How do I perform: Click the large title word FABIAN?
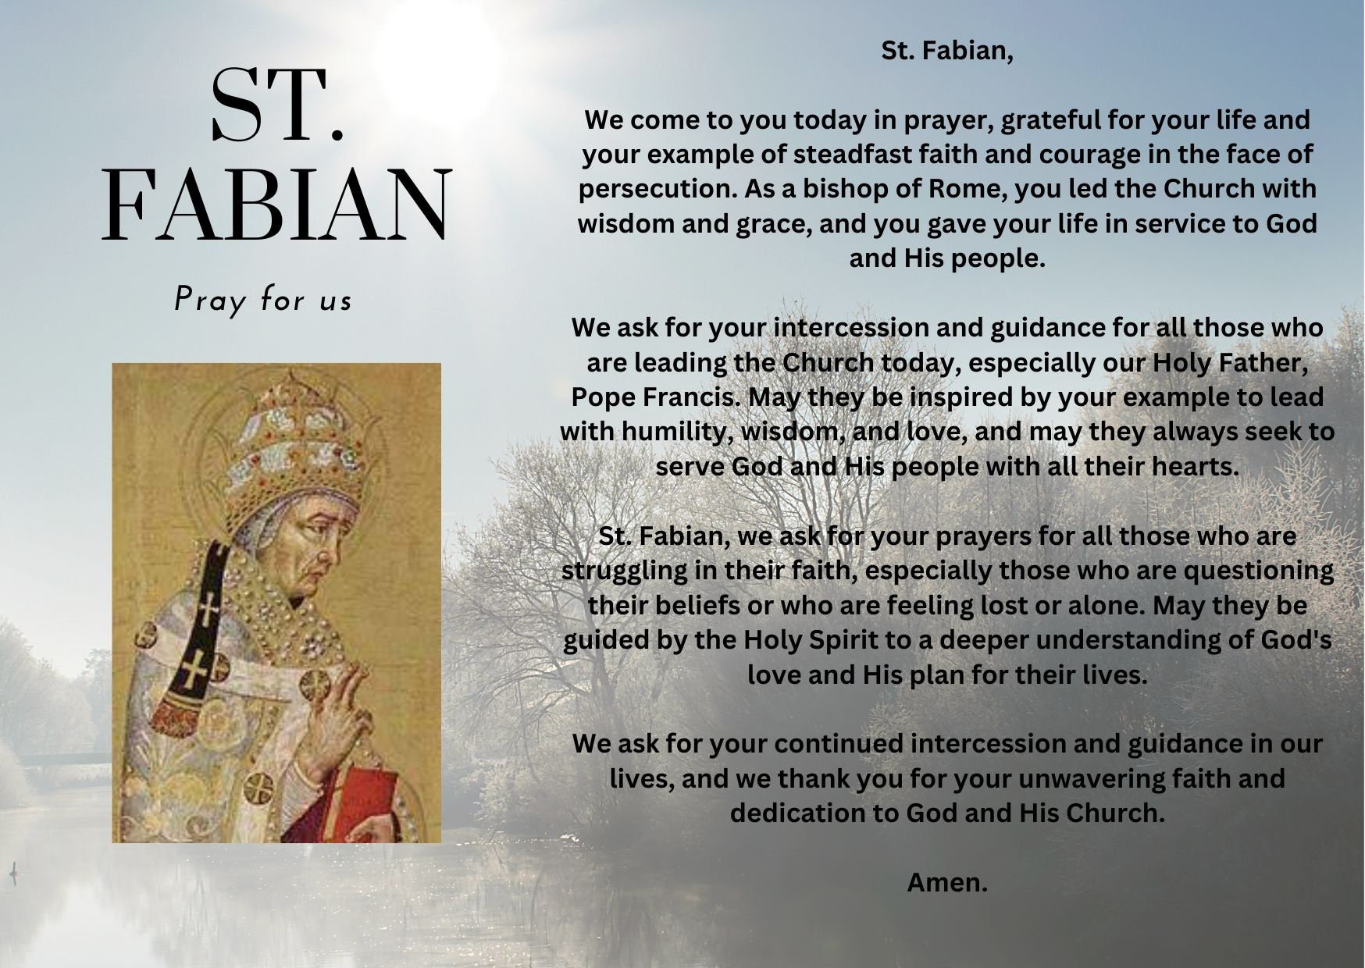(276, 205)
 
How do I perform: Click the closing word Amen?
(946, 883)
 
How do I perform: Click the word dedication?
(797, 813)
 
